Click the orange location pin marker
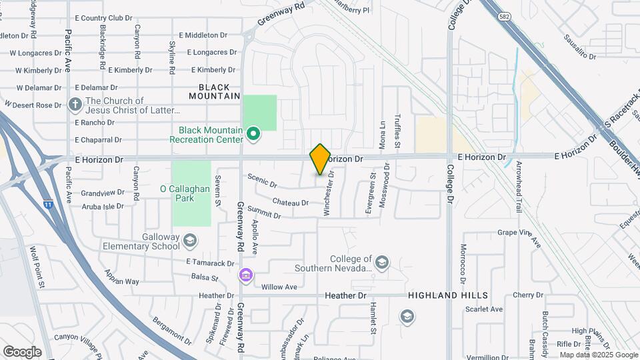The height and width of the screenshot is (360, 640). [320, 159]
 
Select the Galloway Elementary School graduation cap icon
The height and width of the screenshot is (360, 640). [190, 240]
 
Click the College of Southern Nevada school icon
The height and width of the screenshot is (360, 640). [381, 262]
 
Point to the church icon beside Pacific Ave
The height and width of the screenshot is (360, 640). [75, 105]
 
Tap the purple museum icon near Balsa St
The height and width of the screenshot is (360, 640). [245, 275]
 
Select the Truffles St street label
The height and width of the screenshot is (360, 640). [397, 130]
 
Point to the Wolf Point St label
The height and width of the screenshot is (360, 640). [36, 267]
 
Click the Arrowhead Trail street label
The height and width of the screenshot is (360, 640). [519, 191]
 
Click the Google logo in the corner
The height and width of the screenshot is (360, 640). [22, 351]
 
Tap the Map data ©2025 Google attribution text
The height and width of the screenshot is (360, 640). [598, 355]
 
